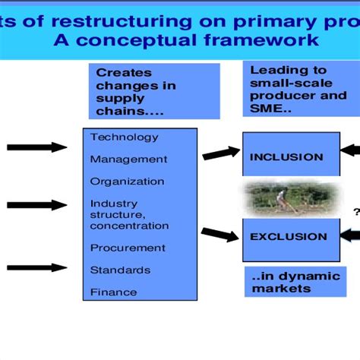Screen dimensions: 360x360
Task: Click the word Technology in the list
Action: [x=124, y=137]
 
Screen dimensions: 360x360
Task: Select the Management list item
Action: [x=128, y=159]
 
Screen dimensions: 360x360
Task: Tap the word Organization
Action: [x=127, y=182]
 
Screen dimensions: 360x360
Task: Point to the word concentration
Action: [x=129, y=226]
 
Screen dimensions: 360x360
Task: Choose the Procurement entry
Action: [x=127, y=248]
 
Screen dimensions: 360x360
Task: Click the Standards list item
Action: [x=119, y=270]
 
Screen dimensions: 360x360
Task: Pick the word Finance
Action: [x=113, y=292]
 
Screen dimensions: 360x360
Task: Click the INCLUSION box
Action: [x=286, y=156]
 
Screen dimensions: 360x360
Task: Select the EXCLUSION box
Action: [x=287, y=236]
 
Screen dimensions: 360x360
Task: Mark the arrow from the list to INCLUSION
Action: [x=219, y=152]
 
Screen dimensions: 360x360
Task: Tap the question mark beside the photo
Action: [x=355, y=212]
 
